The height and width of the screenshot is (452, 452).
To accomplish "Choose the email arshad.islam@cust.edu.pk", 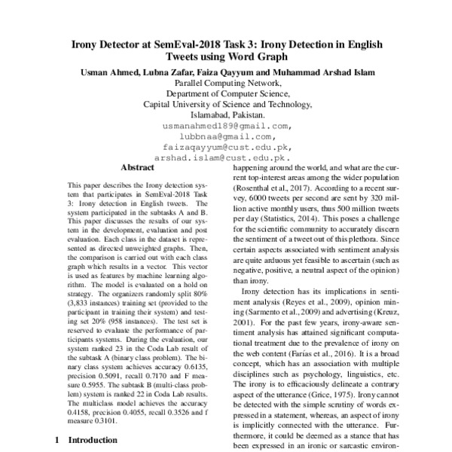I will pyautogui.click(x=222, y=158).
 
